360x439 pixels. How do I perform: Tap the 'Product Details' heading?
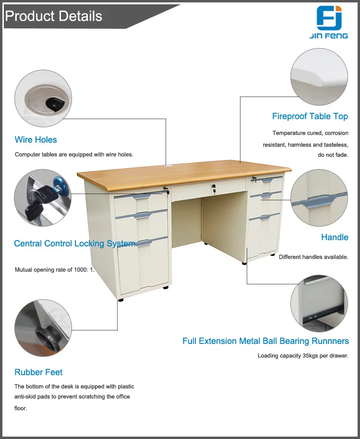(x=54, y=16)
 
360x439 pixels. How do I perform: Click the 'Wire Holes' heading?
(x=36, y=140)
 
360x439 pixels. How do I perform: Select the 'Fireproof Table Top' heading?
(x=310, y=116)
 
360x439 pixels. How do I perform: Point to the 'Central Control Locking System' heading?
(x=74, y=244)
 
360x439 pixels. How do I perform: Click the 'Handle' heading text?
(x=335, y=237)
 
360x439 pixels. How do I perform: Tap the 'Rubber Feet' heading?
(x=38, y=372)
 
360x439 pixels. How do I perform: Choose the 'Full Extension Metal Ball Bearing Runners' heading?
(x=265, y=341)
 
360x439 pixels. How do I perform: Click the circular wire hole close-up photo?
(x=43, y=98)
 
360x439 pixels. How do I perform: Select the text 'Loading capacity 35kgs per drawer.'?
(x=303, y=356)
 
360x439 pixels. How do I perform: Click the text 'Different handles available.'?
(x=313, y=257)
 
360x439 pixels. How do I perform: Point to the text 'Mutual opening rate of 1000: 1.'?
(x=55, y=269)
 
